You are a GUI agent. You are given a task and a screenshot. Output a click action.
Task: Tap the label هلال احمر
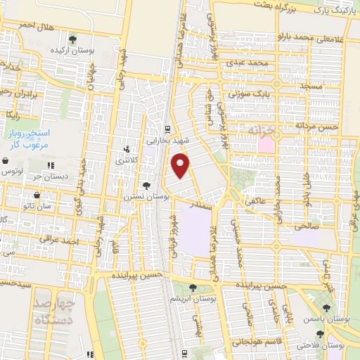tap(18, 25)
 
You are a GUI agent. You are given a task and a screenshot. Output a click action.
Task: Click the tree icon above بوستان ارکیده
tap(72, 39)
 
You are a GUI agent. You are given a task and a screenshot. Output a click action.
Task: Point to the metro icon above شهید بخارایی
tap(167, 129)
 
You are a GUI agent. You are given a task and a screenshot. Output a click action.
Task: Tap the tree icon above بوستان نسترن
tap(146, 186)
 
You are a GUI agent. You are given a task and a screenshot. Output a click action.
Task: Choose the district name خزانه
tap(264, 131)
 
